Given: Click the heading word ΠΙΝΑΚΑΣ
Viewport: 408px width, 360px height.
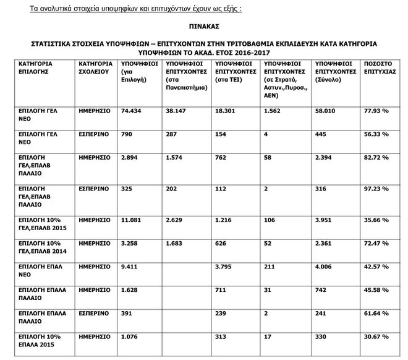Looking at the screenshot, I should pos(204,28).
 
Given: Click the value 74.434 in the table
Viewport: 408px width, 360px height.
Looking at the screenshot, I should pos(133,111).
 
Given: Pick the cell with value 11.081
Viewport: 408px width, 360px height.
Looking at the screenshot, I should pos(133,220).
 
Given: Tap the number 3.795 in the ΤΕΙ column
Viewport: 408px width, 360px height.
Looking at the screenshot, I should pos(226,267).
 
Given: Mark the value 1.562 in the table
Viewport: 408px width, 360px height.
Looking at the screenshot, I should pos(273,111).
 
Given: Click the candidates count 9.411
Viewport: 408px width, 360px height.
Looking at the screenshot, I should pos(131,267).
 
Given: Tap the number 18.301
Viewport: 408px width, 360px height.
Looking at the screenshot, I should pos(227,111).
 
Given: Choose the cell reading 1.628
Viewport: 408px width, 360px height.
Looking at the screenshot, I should pos(131,290).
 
